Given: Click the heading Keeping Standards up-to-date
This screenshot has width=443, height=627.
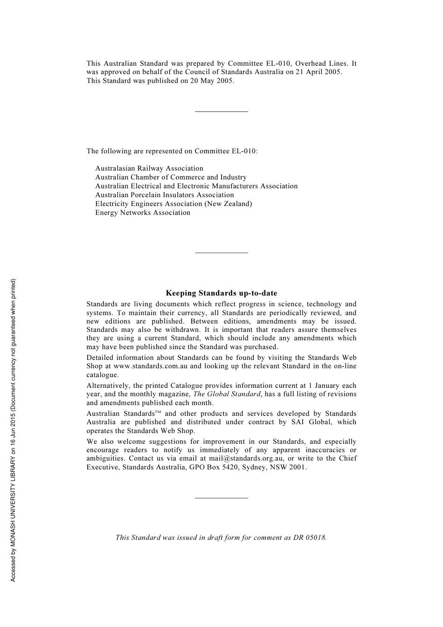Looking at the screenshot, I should pyautogui.click(x=221, y=293).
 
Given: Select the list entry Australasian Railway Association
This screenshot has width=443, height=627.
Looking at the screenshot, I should pyautogui.click(x=149, y=168).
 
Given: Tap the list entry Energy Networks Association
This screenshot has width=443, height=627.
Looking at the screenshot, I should pyautogui.click(x=143, y=213).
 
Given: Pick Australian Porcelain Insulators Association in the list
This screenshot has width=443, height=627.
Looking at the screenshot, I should pyautogui.click(x=165, y=195).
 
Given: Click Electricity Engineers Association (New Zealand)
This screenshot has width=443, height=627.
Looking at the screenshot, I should pyautogui.click(x=173, y=204).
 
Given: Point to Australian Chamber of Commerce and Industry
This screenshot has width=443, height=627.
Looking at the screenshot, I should pyautogui.click(x=171, y=177).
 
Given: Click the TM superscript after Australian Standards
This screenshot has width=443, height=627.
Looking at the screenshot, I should pyautogui.click(x=158, y=412).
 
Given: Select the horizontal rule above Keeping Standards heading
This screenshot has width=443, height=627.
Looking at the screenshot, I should pyautogui.click(x=221, y=253).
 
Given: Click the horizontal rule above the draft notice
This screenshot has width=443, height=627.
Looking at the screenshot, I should pyautogui.click(x=221, y=498).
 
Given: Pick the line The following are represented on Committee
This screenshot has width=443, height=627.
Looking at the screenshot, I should pyautogui.click(x=172, y=151).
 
